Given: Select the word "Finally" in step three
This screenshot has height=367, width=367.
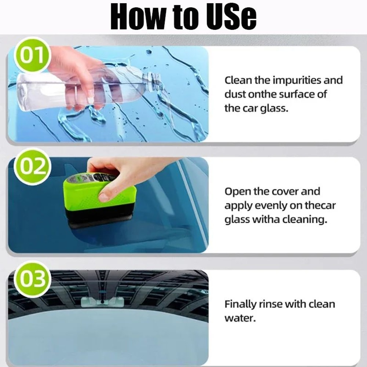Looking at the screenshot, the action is point(241,304).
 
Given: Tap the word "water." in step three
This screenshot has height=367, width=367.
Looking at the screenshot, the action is point(239,318).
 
